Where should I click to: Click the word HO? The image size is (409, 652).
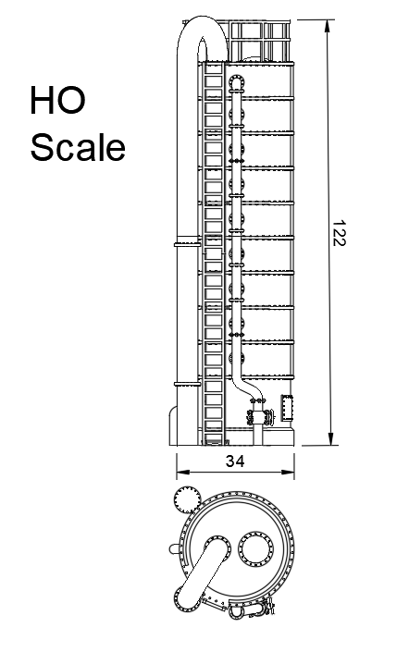tap(57, 100)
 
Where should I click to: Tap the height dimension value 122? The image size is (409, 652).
tap(339, 233)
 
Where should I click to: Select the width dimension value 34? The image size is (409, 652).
tap(235, 461)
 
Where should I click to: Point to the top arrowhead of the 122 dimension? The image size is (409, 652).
tap(328, 26)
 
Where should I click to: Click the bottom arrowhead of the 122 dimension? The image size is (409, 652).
tap(330, 438)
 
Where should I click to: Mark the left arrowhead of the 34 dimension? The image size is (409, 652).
tap(183, 472)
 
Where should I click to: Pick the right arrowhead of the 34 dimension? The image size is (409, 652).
tap(288, 472)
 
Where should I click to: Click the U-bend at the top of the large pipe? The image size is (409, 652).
tap(203, 29)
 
